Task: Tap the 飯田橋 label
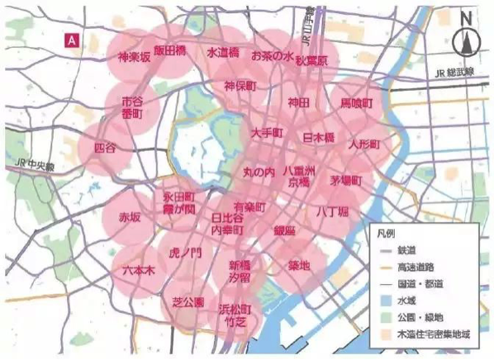(x=169, y=50)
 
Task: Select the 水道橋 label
(x=222, y=52)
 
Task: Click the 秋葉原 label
(x=311, y=61)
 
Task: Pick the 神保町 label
(x=240, y=85)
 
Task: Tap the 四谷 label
(x=106, y=147)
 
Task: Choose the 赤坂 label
(x=130, y=218)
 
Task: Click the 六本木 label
(x=137, y=270)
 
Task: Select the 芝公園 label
(x=188, y=302)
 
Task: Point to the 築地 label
(x=299, y=265)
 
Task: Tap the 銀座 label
(x=285, y=232)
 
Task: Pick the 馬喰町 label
(x=357, y=105)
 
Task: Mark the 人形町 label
(x=363, y=144)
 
